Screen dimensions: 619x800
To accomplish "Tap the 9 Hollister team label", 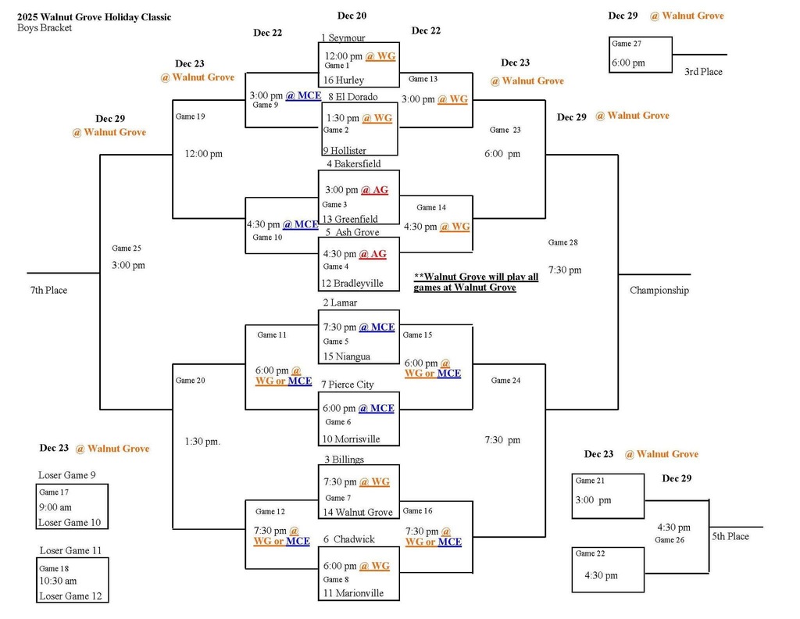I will (345, 150).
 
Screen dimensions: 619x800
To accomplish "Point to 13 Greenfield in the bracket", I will (351, 219).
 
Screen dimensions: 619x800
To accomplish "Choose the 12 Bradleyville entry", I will (352, 283).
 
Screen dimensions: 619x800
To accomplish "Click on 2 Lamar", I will (341, 302).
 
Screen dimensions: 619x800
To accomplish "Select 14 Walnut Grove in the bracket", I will (358, 512).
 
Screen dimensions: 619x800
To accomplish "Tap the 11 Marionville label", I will (353, 593).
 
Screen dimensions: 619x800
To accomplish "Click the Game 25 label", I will (127, 249).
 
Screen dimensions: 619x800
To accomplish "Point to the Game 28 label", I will (562, 242).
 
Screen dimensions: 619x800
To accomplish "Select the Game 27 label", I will (626, 44).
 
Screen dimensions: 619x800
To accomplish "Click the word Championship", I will (659, 290).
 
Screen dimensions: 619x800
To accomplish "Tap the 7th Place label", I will (49, 290).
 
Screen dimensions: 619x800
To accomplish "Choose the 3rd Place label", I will (703, 72).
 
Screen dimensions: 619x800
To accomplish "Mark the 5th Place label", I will (730, 536).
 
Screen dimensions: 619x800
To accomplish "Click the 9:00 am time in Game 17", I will (55, 506).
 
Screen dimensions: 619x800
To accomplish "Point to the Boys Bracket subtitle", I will (45, 28).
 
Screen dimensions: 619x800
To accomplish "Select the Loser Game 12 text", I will (70, 596).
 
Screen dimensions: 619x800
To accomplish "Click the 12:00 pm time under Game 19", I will (203, 154).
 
